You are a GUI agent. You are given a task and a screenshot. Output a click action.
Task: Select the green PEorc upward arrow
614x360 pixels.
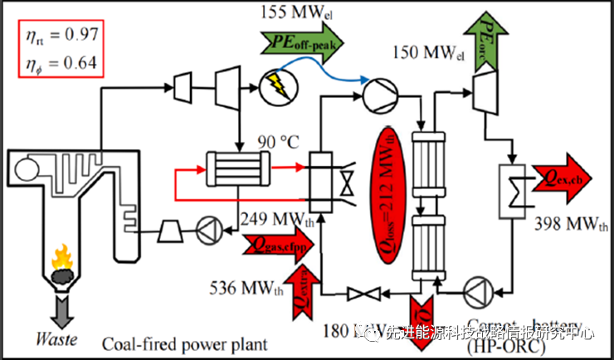[488, 33]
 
